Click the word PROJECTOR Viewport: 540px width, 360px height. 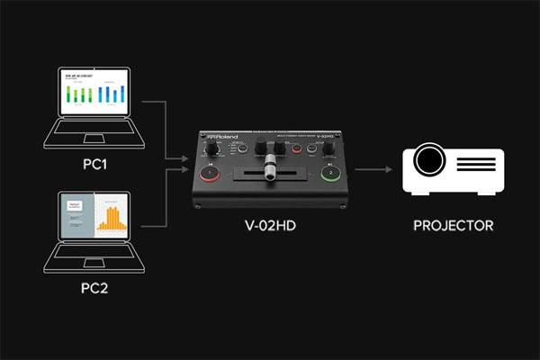[x=453, y=226]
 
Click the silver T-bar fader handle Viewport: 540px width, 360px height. [x=269, y=171]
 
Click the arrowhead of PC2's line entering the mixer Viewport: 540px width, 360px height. [x=186, y=172]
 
